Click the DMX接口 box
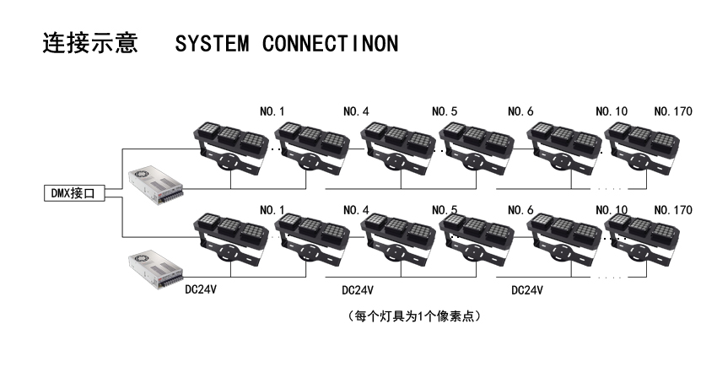pos(73,193)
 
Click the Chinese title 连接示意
pos(89,43)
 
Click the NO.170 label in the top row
pos(673,111)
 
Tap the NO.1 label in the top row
pos(272,111)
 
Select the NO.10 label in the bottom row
pos(611,209)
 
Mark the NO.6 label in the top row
pos(520,111)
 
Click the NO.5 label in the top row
pos(445,111)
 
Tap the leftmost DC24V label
pos(201,289)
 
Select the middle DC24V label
pos(358,289)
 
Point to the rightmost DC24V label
pos(526,289)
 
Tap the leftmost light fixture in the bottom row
pos(228,240)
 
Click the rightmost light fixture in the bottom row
pos(643,240)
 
